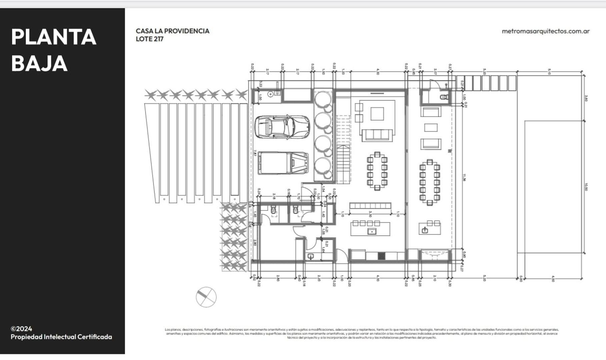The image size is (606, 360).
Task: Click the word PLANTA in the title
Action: click(x=54, y=37)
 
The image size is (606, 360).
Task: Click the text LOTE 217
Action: click(x=150, y=39)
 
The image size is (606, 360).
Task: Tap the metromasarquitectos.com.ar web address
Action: click(x=545, y=31)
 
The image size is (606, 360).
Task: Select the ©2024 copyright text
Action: click(x=21, y=329)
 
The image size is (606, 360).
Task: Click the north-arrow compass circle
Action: click(x=206, y=297)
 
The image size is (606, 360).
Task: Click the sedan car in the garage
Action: click(x=282, y=127)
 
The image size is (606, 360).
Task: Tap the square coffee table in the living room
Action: click(x=377, y=113)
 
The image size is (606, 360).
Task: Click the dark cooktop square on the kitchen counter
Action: click(x=381, y=256)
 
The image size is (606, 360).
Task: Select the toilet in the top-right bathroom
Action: click(x=443, y=97)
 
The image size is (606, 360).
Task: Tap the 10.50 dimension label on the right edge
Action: click(x=586, y=187)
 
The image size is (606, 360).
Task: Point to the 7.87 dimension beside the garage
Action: click(x=255, y=153)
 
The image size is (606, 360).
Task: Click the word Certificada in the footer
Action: click(x=94, y=337)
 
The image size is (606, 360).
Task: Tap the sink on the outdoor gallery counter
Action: click(x=425, y=230)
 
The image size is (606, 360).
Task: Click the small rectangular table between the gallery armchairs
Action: click(x=431, y=127)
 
